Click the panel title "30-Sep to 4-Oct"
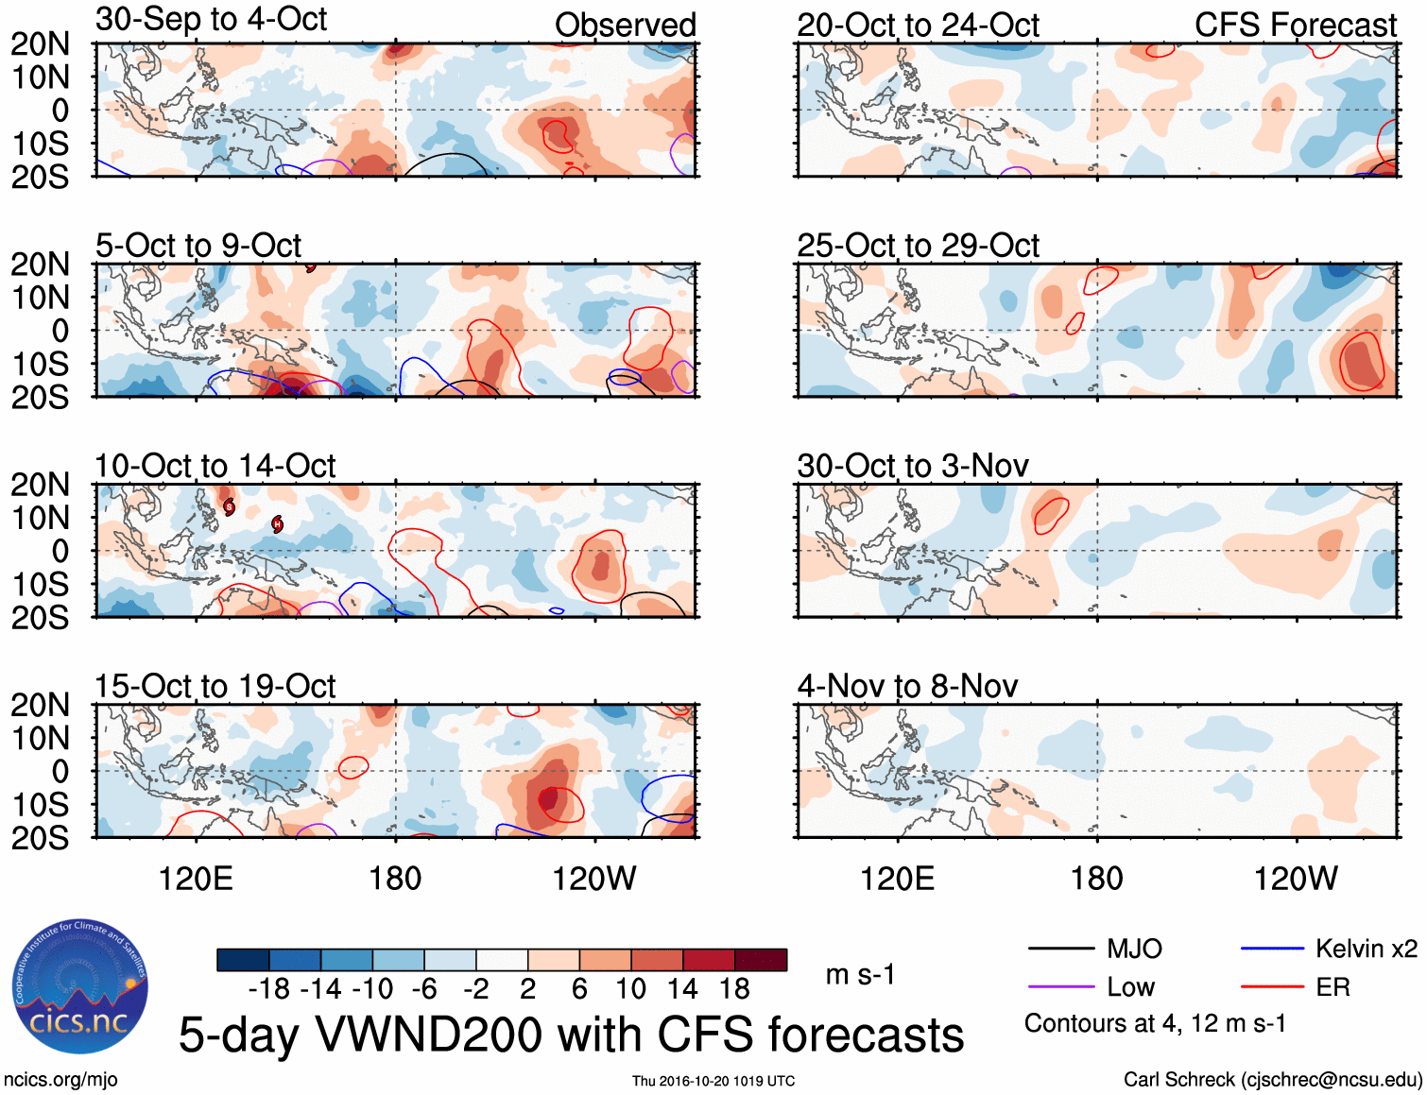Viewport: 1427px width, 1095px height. pyautogui.click(x=211, y=20)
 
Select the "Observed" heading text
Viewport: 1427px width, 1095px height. pyautogui.click(x=625, y=26)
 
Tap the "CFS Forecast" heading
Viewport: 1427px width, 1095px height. pyautogui.click(x=1295, y=26)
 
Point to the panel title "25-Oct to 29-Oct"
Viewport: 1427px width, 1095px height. pyautogui.click(x=918, y=246)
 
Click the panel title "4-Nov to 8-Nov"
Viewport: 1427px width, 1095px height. pyautogui.click(x=907, y=686)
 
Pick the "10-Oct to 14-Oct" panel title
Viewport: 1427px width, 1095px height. pyautogui.click(x=215, y=466)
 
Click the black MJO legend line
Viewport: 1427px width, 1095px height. pyautogui.click(x=1060, y=949)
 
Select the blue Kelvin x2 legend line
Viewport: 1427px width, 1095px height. pyautogui.click(x=1272, y=949)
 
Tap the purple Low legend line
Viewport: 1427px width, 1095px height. pyautogui.click(x=1060, y=987)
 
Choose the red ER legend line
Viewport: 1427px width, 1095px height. pyautogui.click(x=1272, y=987)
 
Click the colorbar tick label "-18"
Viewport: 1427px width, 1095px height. pyautogui.click(x=268, y=989)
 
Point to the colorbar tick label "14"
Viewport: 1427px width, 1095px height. pyautogui.click(x=681, y=989)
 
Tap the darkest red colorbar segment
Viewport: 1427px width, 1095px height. pyautogui.click(x=761, y=960)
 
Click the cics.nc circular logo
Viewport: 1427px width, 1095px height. pyautogui.click(x=80, y=986)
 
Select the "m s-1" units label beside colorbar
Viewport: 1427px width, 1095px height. pyautogui.click(x=860, y=975)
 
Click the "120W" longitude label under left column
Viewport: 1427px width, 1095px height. pyautogui.click(x=593, y=879)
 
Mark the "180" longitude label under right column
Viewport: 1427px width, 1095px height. pyautogui.click(x=1096, y=879)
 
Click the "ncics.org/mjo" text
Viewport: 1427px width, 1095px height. pyautogui.click(x=60, y=1079)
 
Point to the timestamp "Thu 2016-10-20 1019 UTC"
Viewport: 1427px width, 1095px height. pyautogui.click(x=713, y=1081)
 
